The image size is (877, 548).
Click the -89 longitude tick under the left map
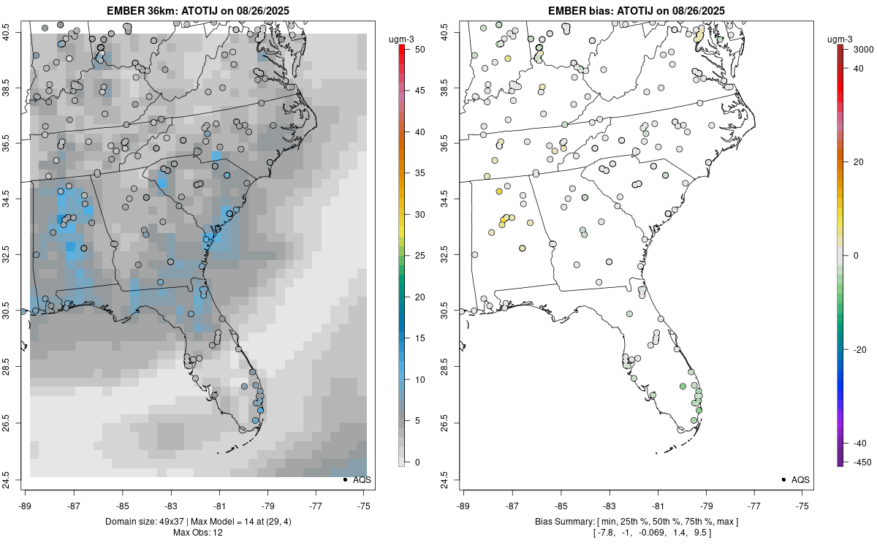(26, 505)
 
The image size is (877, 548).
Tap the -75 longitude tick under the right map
(803, 505)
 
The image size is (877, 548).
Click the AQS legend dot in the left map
(344, 479)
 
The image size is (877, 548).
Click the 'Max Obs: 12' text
(198, 533)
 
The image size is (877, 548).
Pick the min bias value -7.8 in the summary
(609, 533)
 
